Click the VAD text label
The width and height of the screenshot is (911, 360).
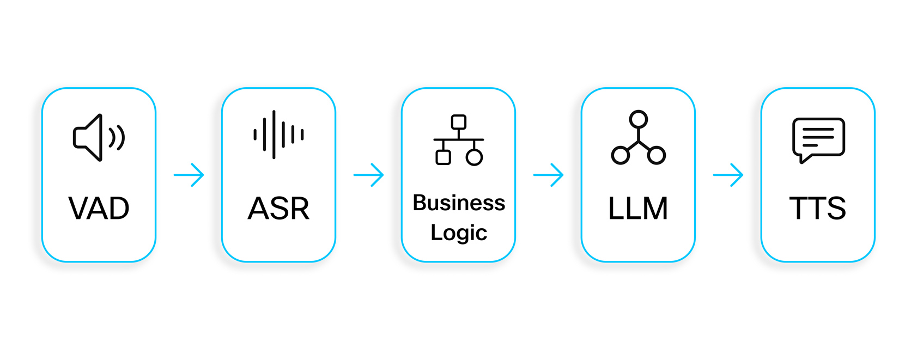(99, 208)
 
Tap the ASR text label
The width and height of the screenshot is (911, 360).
(278, 208)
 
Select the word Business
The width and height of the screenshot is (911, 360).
(459, 203)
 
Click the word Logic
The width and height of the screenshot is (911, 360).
(459, 233)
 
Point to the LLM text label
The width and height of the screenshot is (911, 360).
(638, 208)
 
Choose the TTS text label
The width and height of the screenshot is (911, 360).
(818, 208)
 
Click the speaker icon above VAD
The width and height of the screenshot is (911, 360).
(99, 137)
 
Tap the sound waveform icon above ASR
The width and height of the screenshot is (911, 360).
(278, 135)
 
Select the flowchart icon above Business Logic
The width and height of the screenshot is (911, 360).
(459, 140)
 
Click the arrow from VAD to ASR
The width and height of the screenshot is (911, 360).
(189, 175)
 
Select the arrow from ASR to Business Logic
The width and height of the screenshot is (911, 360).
(369, 175)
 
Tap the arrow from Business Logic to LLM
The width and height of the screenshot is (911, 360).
(549, 175)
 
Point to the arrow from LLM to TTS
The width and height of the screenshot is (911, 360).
(728, 175)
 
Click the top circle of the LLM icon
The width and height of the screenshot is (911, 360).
(638, 119)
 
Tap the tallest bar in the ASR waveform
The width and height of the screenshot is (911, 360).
(274, 135)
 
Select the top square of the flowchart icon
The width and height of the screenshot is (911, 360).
(459, 121)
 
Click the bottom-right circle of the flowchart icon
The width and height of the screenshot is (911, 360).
(475, 157)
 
